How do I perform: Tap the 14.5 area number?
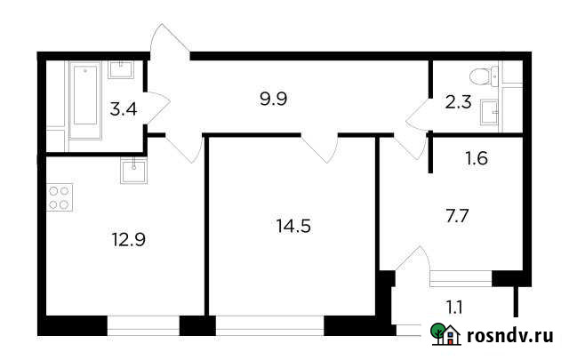pyautogui.click(x=294, y=225)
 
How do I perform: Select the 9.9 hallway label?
pyautogui.click(x=272, y=98)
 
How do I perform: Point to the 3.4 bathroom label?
pyautogui.click(x=122, y=110)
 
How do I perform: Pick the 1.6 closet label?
pyautogui.click(x=477, y=160)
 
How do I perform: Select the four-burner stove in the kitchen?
pyautogui.click(x=60, y=197)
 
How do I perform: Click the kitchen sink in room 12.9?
pyautogui.click(x=132, y=168)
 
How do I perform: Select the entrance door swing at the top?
pyautogui.click(x=171, y=44)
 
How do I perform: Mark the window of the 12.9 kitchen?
pyautogui.click(x=142, y=325)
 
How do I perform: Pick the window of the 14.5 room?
pyautogui.click(x=269, y=325)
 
